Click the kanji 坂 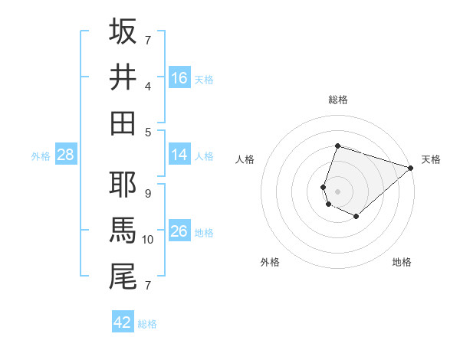pos(123,31)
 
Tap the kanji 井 pos(123,77)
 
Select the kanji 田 pos(123,123)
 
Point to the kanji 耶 pos(123,184)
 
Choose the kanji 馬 pos(123,230)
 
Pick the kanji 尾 pos(123,276)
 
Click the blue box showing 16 pos(179,77)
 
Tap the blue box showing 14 pos(179,155)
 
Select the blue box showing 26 pos(179,231)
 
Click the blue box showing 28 pos(66,155)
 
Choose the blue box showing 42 pos(123,322)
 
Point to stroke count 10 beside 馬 pos(148,240)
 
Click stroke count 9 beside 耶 pos(148,193)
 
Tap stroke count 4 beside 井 pos(148,86)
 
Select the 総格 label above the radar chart pos(338,100)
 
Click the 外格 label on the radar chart pos(270,263)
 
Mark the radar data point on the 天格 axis pos(412,168)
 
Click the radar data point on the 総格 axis pos(337,146)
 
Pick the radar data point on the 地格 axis pos(356,217)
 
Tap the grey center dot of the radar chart pos(337,191)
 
